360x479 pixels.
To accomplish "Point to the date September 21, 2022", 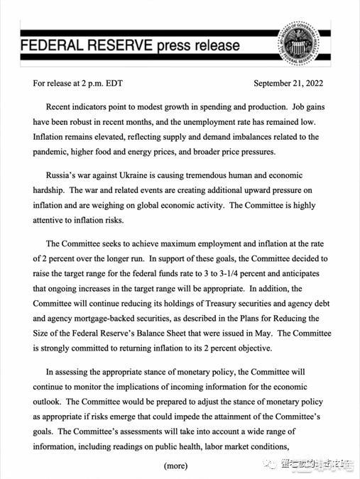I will [x=288, y=83].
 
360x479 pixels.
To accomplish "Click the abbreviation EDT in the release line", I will [x=113, y=83].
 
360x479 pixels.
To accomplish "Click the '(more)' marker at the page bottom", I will [x=175, y=466].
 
